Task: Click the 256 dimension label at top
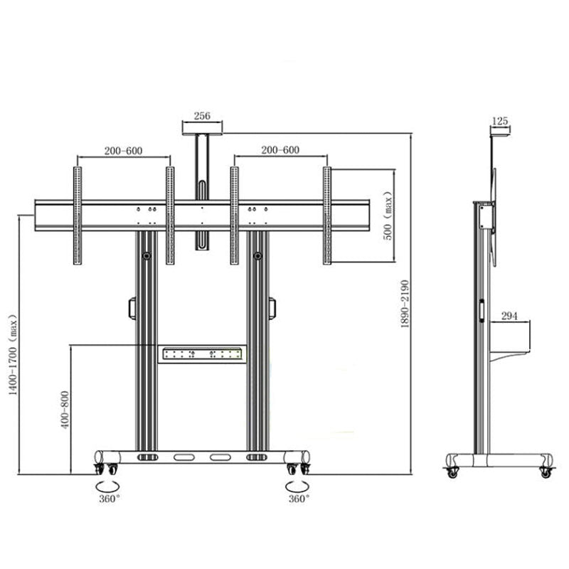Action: (x=202, y=117)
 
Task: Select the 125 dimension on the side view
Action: (x=500, y=122)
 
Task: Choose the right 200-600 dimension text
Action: (x=280, y=150)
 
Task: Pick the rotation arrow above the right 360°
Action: (x=297, y=486)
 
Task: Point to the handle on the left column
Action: (x=132, y=307)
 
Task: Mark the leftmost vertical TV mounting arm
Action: (x=77, y=216)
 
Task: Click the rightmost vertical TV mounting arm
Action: (x=327, y=216)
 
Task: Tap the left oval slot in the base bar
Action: (x=183, y=457)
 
